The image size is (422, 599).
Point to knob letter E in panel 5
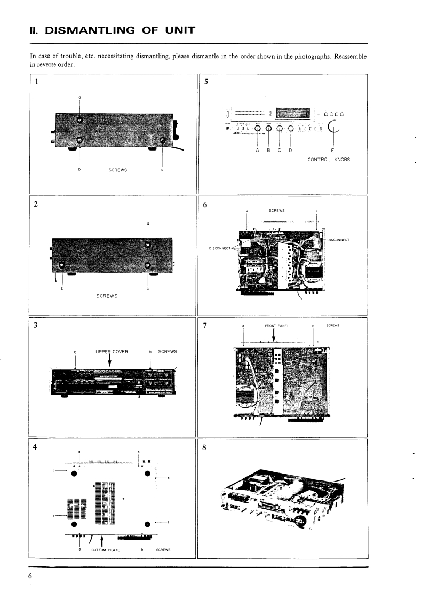pyautogui.click(x=333, y=150)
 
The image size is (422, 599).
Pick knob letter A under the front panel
pyautogui.click(x=258, y=150)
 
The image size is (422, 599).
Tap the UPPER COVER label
pyautogui.click(x=109, y=351)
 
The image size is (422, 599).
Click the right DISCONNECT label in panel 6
pyautogui.click(x=337, y=239)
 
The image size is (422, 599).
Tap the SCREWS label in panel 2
pyautogui.click(x=106, y=297)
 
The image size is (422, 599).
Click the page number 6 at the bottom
pyautogui.click(x=31, y=576)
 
